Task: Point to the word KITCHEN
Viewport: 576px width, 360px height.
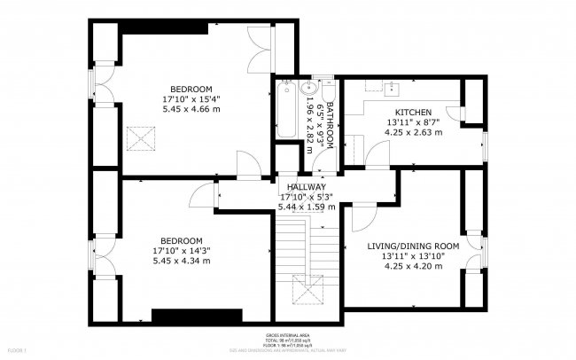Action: click(x=407, y=112)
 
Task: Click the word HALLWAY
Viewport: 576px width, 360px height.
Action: click(x=304, y=186)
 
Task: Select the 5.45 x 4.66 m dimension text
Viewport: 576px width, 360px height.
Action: click(x=191, y=109)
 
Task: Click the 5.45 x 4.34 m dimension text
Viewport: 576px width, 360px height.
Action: click(x=181, y=261)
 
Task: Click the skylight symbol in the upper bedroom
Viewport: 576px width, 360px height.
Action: click(x=140, y=137)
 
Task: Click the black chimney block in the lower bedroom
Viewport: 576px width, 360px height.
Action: click(x=196, y=315)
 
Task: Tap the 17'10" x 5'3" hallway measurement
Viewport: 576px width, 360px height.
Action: click(x=307, y=196)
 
